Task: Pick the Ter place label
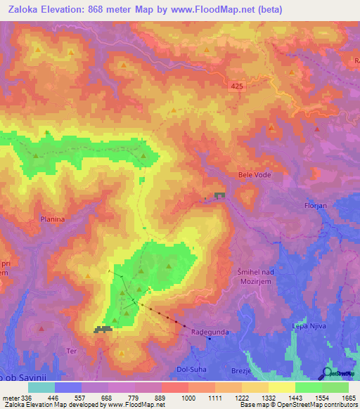point(72,350)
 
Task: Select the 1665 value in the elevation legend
point(349,397)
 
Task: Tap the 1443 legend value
point(295,397)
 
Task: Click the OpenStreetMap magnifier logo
point(328,373)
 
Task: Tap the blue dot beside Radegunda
point(210,338)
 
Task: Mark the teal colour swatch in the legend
point(41,387)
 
